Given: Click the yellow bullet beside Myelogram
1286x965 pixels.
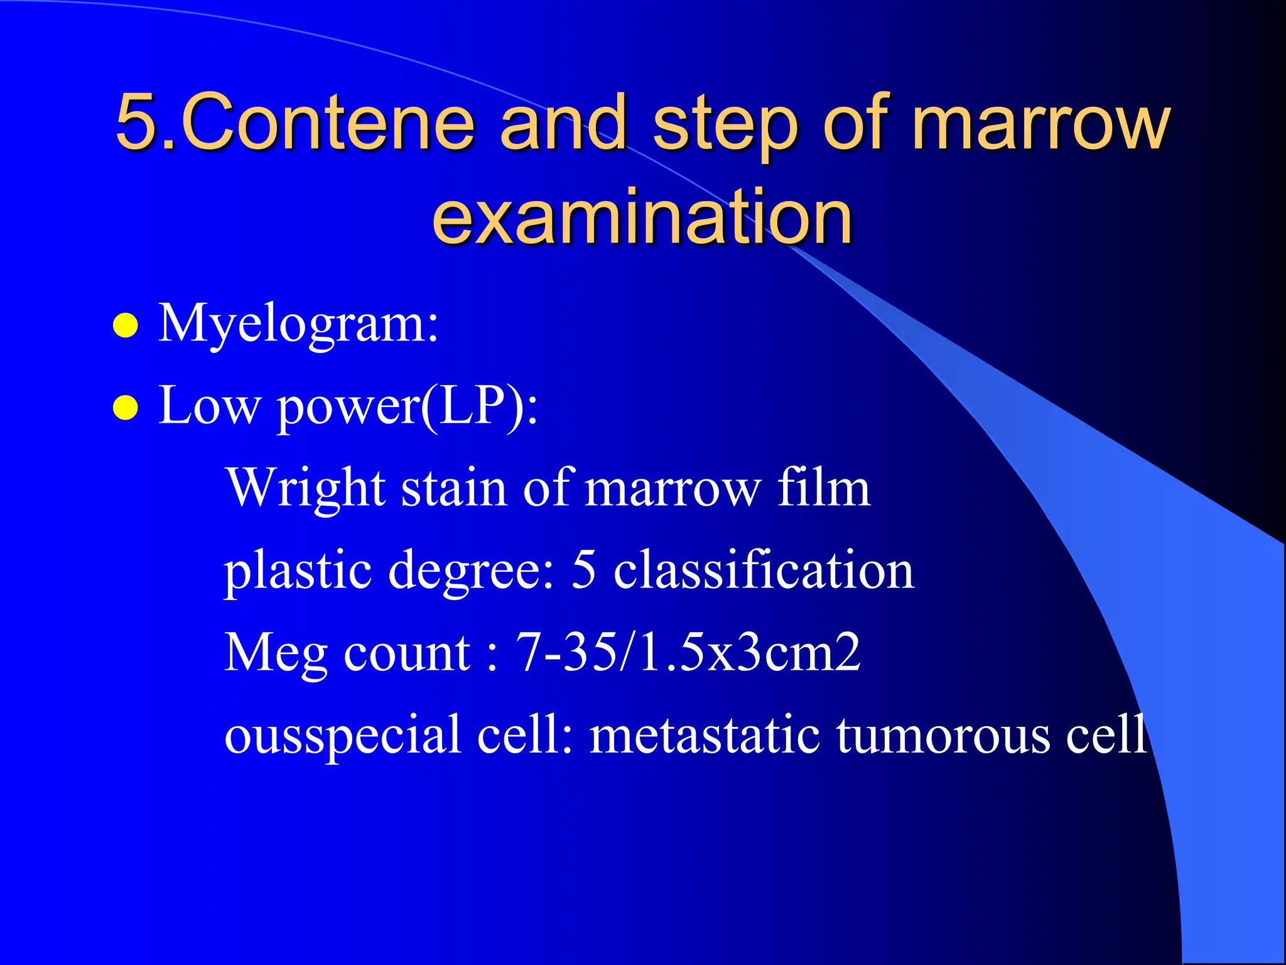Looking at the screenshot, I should click(126, 326).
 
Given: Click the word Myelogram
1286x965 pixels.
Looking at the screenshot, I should click(298, 324).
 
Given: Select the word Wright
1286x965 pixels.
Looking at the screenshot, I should click(306, 488).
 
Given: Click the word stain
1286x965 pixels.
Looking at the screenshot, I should click(453, 488).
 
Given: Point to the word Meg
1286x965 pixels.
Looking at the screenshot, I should click(276, 653).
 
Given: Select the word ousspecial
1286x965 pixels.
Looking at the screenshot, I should click(343, 735).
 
